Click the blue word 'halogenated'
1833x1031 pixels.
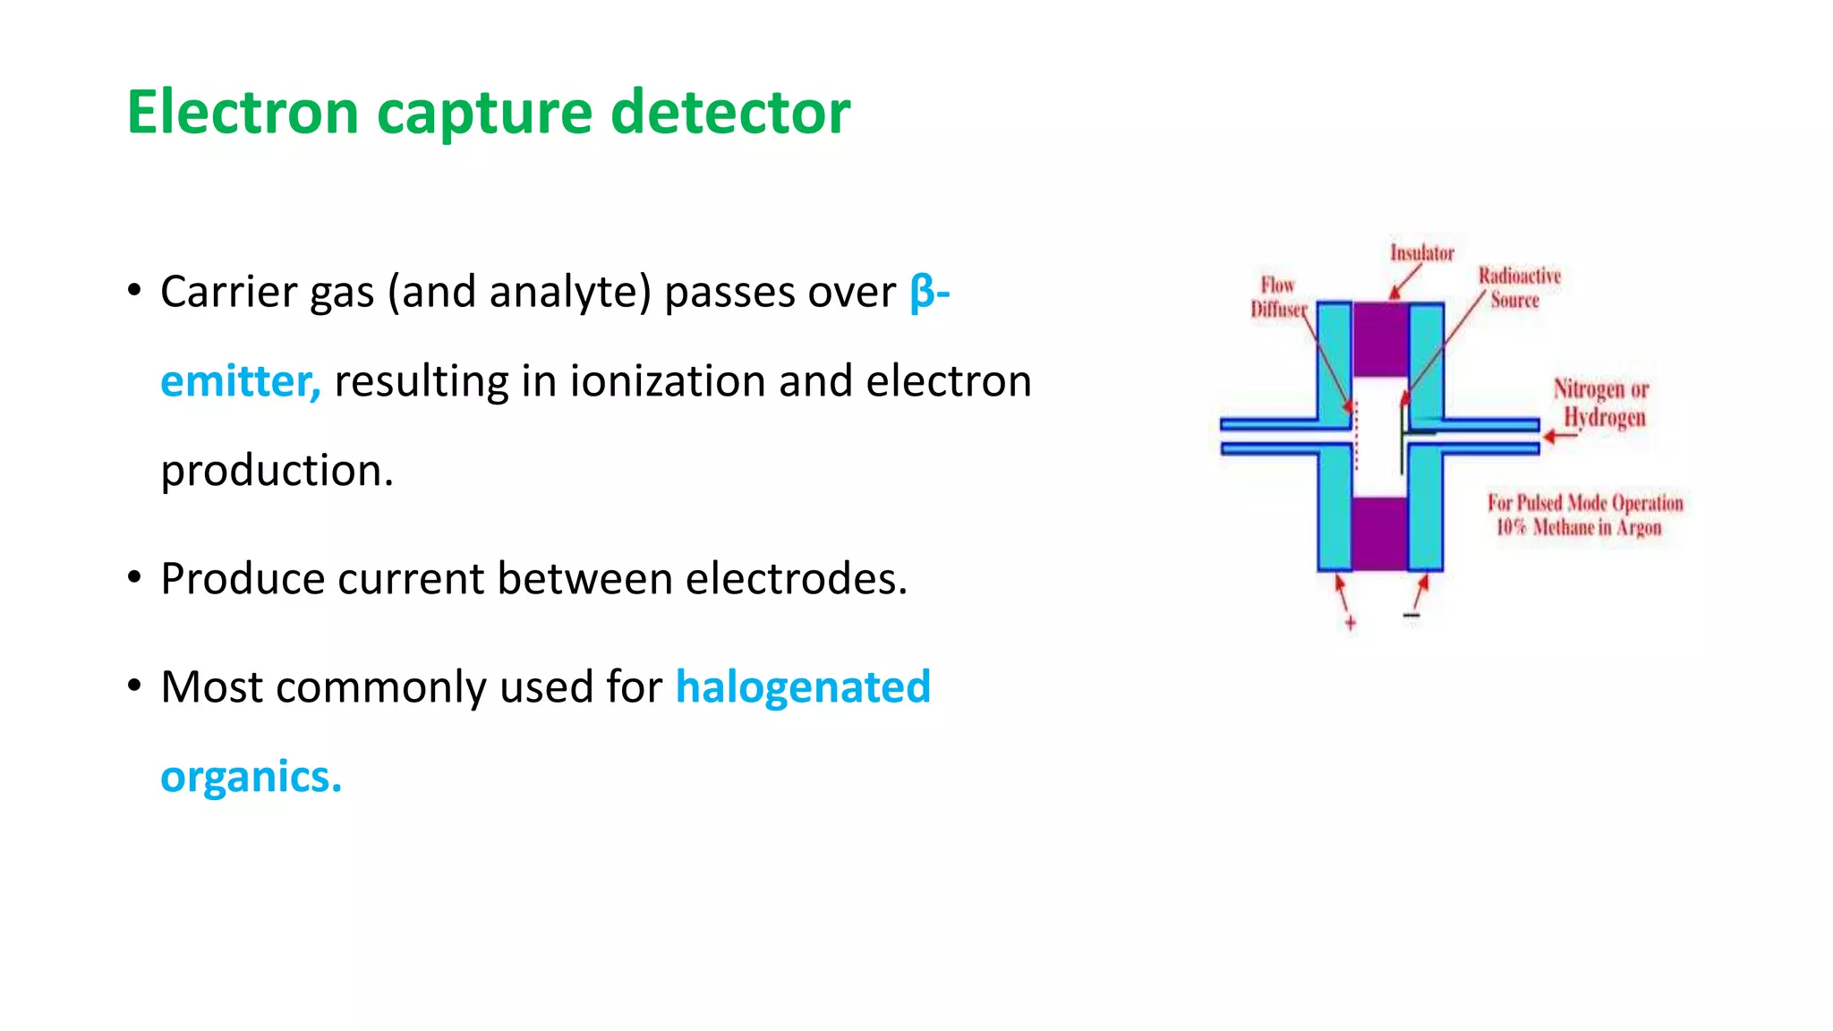803,687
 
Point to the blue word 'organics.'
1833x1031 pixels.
251,777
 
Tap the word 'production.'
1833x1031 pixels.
277,471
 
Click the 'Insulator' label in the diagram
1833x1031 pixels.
1421,253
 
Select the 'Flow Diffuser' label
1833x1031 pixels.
1278,297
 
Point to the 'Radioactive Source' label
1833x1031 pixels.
1519,287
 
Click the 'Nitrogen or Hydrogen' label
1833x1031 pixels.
1602,403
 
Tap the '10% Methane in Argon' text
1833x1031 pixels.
1579,527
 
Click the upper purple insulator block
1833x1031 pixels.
1380,339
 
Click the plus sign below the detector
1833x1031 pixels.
1350,623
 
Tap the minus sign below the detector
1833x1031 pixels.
1411,616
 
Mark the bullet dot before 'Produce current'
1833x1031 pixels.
134,578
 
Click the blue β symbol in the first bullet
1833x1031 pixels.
922,293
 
